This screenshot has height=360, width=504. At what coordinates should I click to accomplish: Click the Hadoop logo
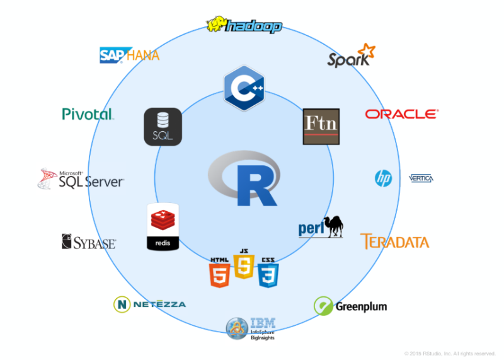click(244, 26)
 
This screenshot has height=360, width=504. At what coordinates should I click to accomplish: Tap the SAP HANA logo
click(130, 55)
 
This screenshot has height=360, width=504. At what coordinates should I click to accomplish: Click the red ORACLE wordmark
click(401, 114)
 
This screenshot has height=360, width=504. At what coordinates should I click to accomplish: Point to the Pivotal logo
click(88, 114)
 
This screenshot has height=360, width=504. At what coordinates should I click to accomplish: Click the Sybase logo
click(88, 242)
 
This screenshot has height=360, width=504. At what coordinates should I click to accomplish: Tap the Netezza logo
click(149, 304)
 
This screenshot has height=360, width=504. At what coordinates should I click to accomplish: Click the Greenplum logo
click(350, 306)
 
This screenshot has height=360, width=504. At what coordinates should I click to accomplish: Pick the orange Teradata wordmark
click(394, 241)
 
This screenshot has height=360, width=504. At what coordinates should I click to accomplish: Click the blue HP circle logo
click(383, 178)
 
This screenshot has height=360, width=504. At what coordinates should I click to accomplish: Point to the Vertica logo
click(421, 178)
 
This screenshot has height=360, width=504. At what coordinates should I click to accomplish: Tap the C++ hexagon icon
click(243, 88)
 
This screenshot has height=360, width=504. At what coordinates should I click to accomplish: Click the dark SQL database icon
click(163, 127)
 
